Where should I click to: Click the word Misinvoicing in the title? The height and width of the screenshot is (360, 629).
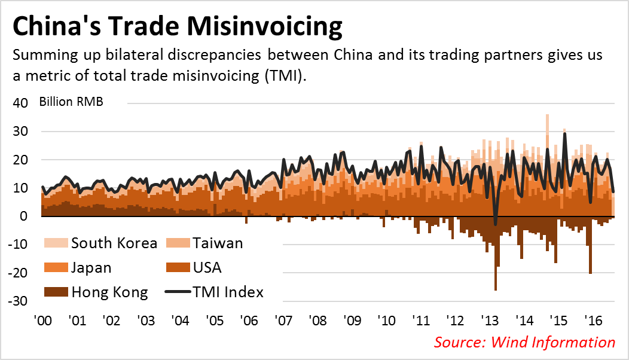[x=264, y=26]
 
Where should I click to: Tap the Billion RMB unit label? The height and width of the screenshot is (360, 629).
[x=71, y=102]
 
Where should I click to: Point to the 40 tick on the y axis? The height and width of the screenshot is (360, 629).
[x=20, y=103]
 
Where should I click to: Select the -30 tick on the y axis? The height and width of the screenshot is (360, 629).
[x=18, y=301]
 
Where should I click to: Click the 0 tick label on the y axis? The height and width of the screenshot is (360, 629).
[x=24, y=216]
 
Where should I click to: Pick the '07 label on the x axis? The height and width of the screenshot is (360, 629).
[x=283, y=321]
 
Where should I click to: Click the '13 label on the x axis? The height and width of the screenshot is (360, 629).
[x=490, y=321]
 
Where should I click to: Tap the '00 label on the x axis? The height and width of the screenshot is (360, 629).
[x=43, y=321]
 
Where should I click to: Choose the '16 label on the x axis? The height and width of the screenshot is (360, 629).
[x=593, y=321]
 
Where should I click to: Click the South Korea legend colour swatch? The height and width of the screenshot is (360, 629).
[x=56, y=243]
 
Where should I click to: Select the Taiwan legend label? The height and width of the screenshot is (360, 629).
[x=218, y=243]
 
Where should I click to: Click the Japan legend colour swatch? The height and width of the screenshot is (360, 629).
[x=56, y=267]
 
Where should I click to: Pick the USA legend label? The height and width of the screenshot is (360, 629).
[x=207, y=267]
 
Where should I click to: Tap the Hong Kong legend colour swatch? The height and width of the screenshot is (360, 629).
[x=56, y=292]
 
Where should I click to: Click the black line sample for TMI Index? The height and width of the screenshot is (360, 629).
[x=178, y=292]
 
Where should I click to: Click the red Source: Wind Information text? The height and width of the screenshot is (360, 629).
[x=524, y=342]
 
